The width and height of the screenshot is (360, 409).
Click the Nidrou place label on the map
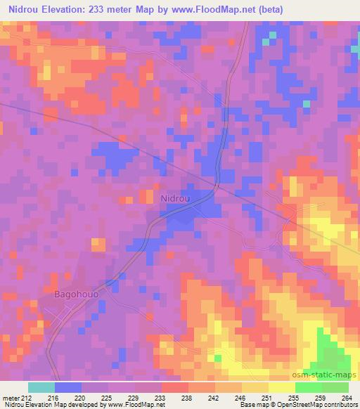coord(175,199)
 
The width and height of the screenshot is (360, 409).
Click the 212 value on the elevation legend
coord(27,398)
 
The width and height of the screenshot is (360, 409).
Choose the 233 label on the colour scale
coord(160,398)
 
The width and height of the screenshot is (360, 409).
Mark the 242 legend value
coord(215,398)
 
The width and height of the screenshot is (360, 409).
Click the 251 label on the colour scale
coord(269,398)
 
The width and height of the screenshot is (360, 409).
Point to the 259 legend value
coord(323,398)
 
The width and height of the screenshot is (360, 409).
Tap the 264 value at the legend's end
coord(348,398)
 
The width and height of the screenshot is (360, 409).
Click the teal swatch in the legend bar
coord(41,387)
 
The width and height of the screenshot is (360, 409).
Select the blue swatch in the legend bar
coord(67,387)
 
